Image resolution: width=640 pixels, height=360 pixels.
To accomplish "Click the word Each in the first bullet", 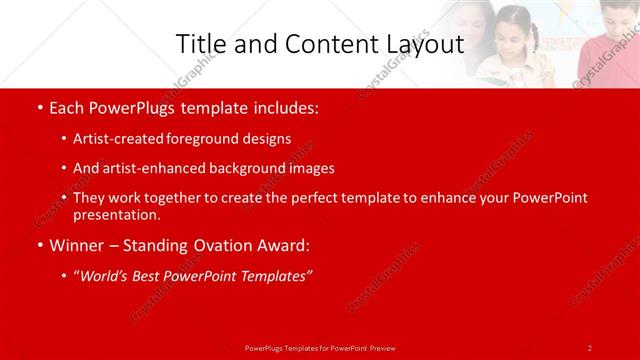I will (x=68, y=106).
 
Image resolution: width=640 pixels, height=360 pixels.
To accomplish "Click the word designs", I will (x=266, y=139).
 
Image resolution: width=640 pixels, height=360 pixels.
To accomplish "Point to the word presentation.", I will (x=116, y=214).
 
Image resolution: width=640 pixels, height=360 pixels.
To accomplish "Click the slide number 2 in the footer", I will (x=590, y=347).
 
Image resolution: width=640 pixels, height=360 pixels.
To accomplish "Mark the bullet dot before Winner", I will (x=38, y=245).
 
